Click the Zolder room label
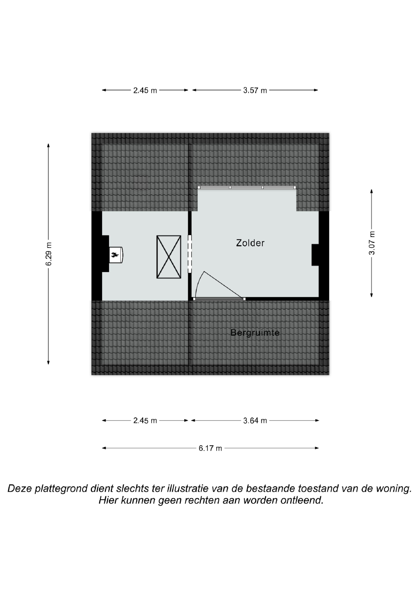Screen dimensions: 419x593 (250, 243)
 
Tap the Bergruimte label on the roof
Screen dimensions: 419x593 (255, 333)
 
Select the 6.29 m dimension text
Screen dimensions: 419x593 (49, 254)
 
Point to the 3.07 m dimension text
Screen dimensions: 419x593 (371, 243)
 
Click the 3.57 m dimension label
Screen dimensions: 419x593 (255, 90)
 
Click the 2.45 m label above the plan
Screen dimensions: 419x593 (145, 90)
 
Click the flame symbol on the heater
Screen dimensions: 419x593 (115, 255)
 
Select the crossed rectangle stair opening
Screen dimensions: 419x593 (169, 257)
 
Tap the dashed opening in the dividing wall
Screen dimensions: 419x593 (190, 254)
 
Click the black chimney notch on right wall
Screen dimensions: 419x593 (315, 255)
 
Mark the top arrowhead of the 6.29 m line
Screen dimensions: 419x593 (48, 145)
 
